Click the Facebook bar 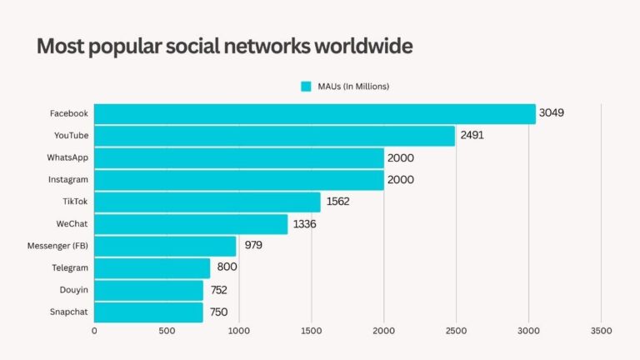(x=314, y=113)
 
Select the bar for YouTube (x=274, y=136)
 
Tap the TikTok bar (x=207, y=202)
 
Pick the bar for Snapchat (x=148, y=312)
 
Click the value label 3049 (x=552, y=113)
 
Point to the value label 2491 (x=471, y=136)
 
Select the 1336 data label (x=302, y=224)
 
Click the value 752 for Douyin (x=218, y=290)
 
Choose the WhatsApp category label (x=67, y=157)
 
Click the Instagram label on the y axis (x=67, y=179)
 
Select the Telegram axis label (x=69, y=267)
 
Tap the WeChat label (x=72, y=223)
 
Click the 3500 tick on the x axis (x=600, y=331)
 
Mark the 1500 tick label (x=312, y=331)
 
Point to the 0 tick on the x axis (x=94, y=331)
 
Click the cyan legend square (x=306, y=86)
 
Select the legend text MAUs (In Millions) (x=352, y=86)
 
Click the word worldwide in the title (x=362, y=47)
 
